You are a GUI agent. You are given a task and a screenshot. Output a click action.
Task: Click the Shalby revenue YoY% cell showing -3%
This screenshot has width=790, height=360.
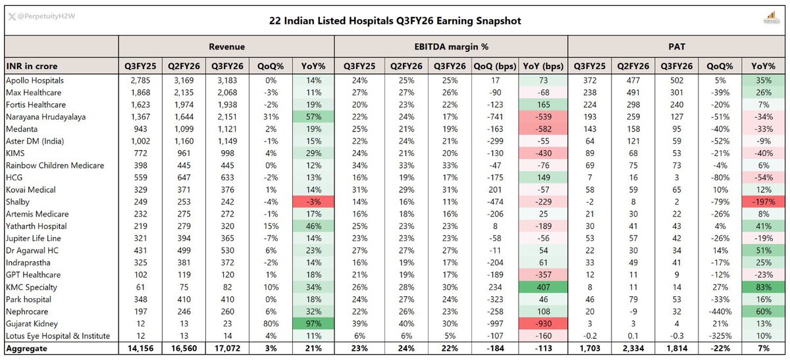pos(313,201)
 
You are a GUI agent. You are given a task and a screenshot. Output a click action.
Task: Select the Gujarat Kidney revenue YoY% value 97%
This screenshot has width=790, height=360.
pos(313,324)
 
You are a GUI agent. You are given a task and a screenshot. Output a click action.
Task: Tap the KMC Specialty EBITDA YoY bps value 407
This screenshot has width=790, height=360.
pos(543,287)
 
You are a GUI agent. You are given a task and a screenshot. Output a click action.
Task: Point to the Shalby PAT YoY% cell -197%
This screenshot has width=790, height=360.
pos(764,201)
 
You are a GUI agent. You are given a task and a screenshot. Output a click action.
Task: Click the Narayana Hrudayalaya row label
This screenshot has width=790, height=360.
pos(46,116)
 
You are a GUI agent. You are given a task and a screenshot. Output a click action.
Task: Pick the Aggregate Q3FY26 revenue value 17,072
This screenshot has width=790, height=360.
pos(228,348)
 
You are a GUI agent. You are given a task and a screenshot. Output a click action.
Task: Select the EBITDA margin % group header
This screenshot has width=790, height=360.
pos(451,47)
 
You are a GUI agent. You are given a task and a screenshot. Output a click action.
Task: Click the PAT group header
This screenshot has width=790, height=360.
pos(677,47)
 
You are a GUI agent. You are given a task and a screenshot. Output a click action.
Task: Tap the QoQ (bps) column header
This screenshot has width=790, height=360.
pos(495,66)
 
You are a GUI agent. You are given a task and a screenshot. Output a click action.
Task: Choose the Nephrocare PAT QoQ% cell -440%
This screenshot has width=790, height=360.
pos(720,312)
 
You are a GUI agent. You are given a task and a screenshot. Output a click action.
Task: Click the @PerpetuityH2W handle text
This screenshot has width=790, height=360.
pos(46,16)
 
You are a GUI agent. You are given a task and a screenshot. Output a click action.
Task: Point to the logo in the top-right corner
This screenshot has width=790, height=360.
pos(771,18)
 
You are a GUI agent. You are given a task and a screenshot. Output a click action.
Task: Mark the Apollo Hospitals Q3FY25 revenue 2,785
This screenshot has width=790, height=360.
pos(140,80)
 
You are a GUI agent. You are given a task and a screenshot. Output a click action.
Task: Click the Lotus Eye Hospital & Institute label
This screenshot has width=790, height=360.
pos(58,336)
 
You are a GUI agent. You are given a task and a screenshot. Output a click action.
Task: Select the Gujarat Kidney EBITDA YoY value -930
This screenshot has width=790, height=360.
pos(543,324)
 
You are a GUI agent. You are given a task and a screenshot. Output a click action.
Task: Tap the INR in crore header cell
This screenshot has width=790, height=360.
pos(32,66)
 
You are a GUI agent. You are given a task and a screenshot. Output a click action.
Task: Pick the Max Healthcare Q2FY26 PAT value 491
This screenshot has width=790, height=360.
pos(633,92)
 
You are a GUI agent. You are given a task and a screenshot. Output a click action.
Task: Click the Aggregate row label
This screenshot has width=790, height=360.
pos(26,349)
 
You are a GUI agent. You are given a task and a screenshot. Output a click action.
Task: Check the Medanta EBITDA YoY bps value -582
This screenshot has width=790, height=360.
pos(543,129)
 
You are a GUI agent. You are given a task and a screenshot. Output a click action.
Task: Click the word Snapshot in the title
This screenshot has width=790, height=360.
pos(498,21)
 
